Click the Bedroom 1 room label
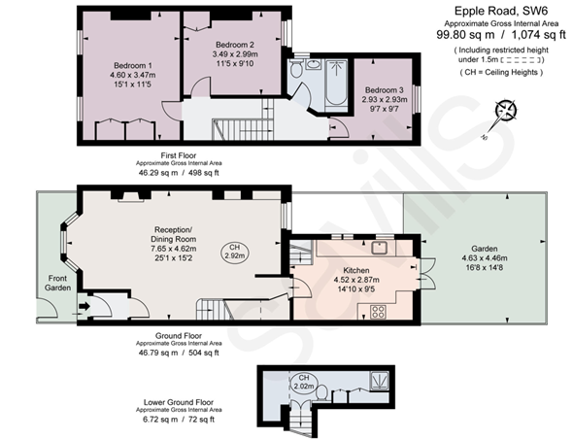[x=133, y=66]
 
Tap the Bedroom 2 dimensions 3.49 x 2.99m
[x=235, y=54]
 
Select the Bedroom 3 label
[x=384, y=90]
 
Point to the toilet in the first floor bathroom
[x=295, y=68]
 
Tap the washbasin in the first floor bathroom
[x=313, y=65]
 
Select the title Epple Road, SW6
[x=501, y=11]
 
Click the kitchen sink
[x=380, y=248]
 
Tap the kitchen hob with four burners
[x=378, y=312]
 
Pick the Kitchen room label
[x=356, y=270]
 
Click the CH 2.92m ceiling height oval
[x=235, y=252]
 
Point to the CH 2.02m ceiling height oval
[x=304, y=383]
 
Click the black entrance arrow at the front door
[x=84, y=306]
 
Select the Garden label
[x=485, y=249]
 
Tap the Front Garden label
[x=57, y=283]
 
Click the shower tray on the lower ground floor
[x=380, y=381]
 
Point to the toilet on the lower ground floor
[x=321, y=392]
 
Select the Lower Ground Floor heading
[x=179, y=402]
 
